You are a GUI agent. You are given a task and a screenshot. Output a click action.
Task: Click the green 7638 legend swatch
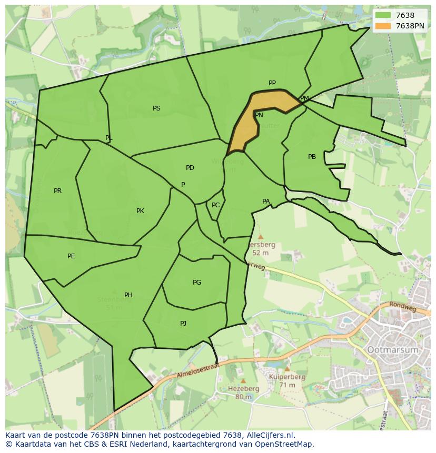[384, 15]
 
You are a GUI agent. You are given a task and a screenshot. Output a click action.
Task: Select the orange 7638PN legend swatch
[384, 26]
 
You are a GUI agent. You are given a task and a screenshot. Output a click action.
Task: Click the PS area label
[156, 108]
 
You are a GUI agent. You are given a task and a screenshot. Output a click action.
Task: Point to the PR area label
[57, 191]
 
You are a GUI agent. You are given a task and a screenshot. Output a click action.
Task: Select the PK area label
[140, 211]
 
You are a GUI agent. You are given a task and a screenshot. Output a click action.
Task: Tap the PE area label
[71, 256]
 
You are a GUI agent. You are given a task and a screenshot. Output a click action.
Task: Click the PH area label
[128, 295]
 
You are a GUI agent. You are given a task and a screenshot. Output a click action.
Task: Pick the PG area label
[197, 283]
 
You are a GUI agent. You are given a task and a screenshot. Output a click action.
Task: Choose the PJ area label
[183, 324]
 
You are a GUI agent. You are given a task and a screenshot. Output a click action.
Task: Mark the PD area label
[190, 168]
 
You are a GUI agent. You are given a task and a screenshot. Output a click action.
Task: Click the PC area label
[215, 205]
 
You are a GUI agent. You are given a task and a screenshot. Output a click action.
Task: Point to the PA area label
[266, 202]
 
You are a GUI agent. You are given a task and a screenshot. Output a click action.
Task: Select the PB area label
[312, 157]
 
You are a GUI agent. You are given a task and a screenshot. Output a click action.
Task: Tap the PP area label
[272, 83]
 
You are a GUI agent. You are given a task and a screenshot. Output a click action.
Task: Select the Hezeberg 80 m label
[243, 392]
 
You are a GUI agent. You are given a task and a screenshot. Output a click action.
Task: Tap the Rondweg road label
[403, 306]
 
